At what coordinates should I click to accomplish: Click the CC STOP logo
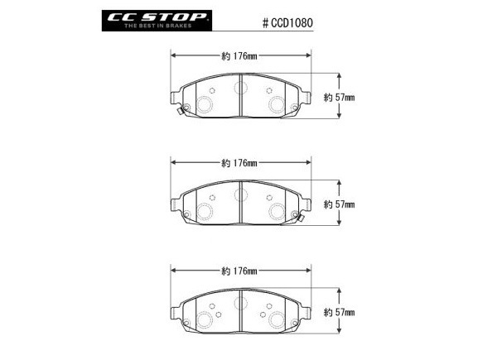[157, 21]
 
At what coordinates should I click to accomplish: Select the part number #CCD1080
[287, 23]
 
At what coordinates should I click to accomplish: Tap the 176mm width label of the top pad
[239, 56]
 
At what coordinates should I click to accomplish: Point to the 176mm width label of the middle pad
[239, 163]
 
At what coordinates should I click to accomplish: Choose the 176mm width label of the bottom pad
[239, 271]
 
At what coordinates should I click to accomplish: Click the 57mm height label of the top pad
[339, 98]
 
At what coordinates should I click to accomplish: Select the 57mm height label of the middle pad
[339, 204]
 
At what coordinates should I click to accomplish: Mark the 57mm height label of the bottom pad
[339, 313]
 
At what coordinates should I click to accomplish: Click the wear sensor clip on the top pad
[181, 111]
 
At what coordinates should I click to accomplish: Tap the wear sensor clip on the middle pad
[300, 218]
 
